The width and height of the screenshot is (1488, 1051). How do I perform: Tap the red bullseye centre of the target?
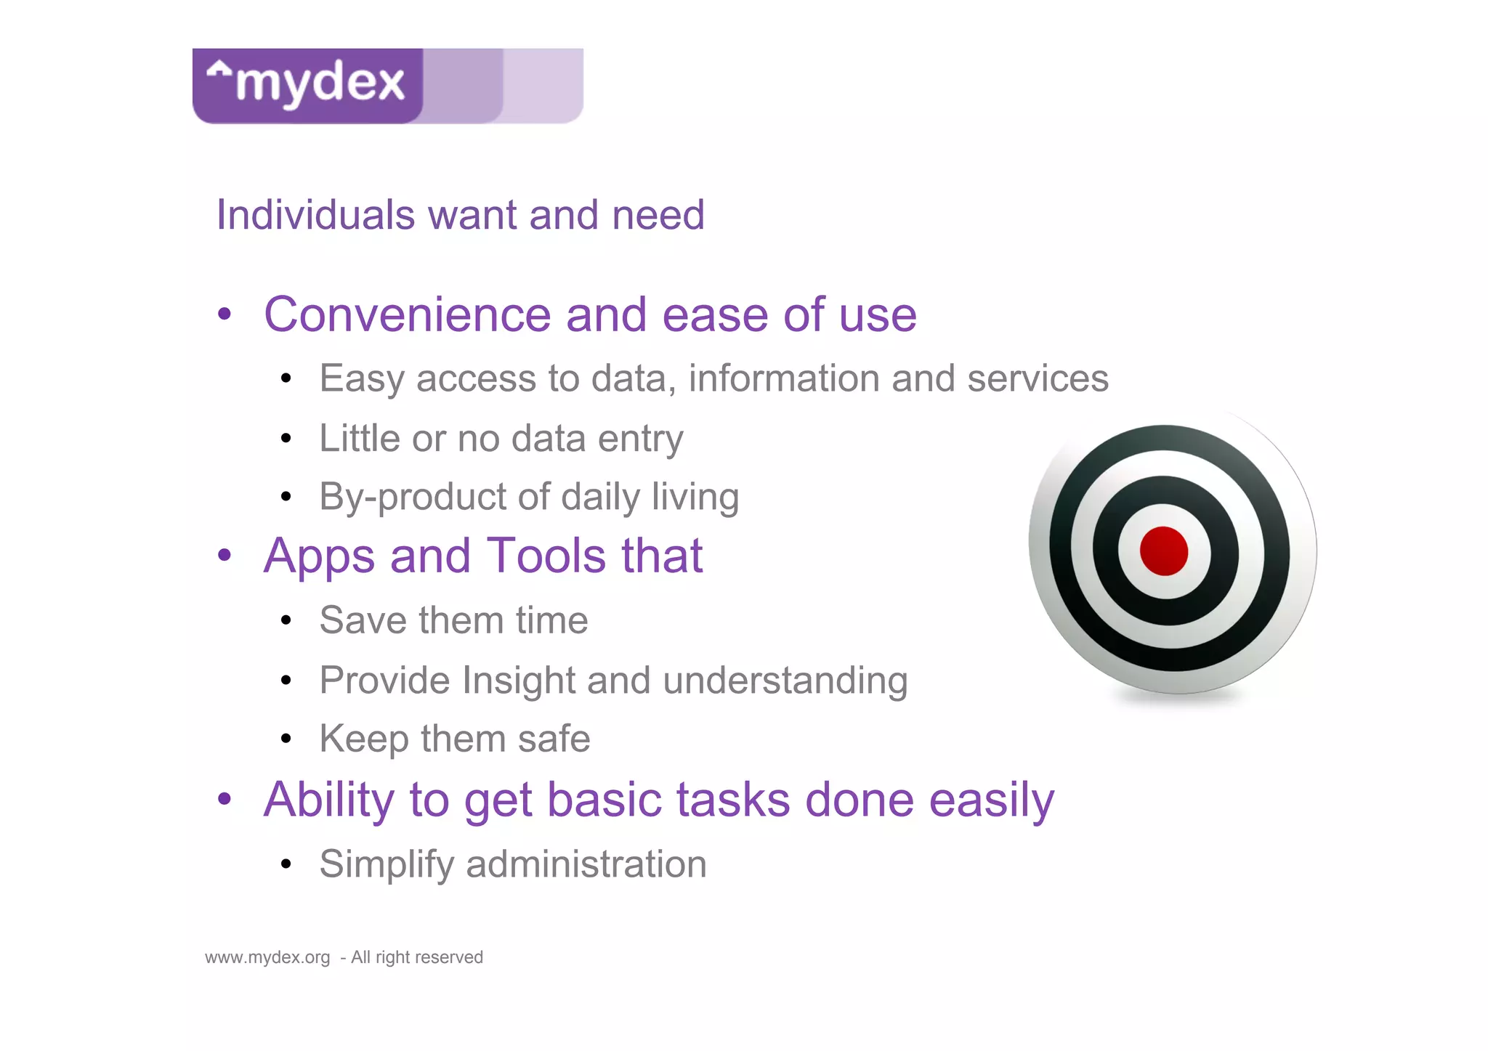click(1163, 551)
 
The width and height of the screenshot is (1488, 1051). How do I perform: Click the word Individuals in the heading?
click(315, 215)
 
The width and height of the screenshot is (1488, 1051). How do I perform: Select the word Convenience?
click(408, 315)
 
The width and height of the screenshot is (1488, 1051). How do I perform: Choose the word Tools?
click(546, 556)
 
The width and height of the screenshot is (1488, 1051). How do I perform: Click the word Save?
click(360, 620)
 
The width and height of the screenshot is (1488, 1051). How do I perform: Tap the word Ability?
click(328, 800)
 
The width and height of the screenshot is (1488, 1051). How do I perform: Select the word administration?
click(586, 864)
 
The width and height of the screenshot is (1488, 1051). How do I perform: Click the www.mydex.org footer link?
click(267, 957)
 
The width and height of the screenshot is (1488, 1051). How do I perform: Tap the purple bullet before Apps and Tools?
click(225, 556)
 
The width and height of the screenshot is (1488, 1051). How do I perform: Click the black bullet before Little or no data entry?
click(286, 439)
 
